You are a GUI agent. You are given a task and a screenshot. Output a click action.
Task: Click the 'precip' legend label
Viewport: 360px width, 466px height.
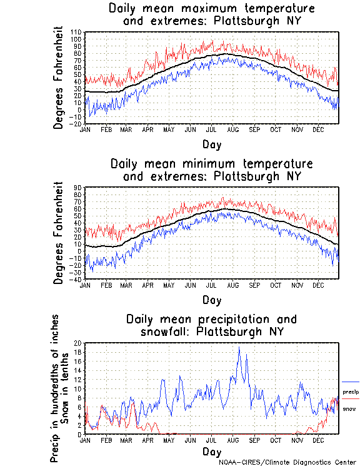pyautogui.click(x=351, y=392)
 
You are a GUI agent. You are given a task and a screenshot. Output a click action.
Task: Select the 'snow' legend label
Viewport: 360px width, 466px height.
pyautogui.click(x=349, y=409)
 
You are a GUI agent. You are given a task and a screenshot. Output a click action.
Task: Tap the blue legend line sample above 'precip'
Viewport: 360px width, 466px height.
pyautogui.click(x=351, y=382)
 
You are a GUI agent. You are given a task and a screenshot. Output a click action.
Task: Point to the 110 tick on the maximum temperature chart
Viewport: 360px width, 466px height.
pyautogui.click(x=76, y=32)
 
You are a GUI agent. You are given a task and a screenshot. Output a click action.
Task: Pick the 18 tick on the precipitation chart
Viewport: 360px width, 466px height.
pyautogui.click(x=77, y=352)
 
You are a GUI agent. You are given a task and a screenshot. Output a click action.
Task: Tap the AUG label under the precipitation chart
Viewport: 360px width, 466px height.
pyautogui.click(x=233, y=441)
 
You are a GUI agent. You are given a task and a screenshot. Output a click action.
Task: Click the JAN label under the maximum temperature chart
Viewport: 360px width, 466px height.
pyautogui.click(x=85, y=129)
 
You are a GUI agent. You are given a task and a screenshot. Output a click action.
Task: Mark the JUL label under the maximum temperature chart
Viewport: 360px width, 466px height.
pyautogui.click(x=212, y=129)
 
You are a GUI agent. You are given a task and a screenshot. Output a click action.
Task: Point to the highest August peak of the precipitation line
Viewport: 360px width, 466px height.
pyautogui.click(x=239, y=347)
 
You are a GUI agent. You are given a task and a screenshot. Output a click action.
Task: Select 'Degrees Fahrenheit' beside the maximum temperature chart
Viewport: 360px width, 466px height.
pyautogui.click(x=58, y=77)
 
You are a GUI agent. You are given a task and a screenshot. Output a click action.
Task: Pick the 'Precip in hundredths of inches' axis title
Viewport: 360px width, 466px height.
pyautogui.click(x=55, y=388)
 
